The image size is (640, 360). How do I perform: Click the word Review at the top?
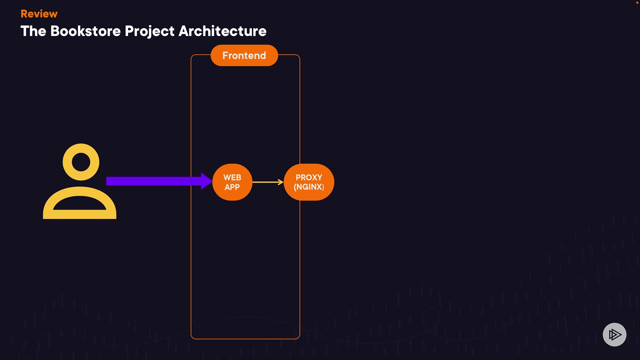tap(39, 14)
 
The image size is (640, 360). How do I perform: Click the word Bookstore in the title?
tap(85, 31)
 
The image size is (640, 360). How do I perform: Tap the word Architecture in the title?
tap(222, 31)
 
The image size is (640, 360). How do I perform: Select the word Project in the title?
tap(150, 31)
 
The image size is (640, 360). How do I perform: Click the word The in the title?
tap(33, 31)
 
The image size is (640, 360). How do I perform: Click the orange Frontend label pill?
tap(244, 55)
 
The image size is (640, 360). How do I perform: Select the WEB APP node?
tap(232, 182)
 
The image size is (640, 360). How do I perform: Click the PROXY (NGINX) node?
tap(309, 182)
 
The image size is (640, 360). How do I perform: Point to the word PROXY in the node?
tap(309, 177)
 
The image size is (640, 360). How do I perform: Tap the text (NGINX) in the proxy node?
tap(309, 187)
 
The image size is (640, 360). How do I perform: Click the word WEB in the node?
tap(232, 177)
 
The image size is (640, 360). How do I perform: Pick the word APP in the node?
tap(232, 187)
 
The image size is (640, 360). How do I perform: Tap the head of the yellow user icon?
tap(81, 162)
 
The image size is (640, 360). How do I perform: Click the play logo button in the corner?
tap(614, 334)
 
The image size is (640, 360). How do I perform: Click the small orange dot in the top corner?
tap(637, 2)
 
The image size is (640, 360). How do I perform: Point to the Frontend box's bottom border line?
tap(245, 339)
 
